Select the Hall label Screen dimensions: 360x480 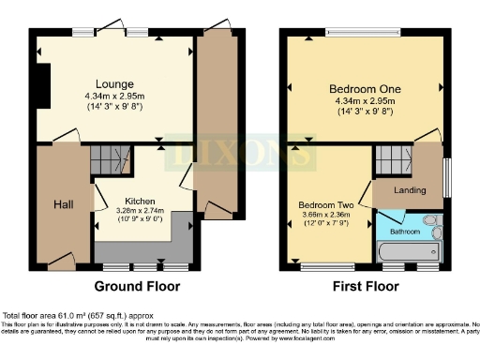[x=63, y=204]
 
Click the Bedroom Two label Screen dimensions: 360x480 [x=324, y=204]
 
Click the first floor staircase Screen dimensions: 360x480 [x=389, y=161]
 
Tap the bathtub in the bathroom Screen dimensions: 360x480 [x=408, y=252]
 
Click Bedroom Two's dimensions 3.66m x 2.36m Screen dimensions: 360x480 [x=325, y=215]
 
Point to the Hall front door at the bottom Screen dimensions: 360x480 [x=61, y=262]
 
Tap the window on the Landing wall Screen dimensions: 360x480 [x=445, y=172]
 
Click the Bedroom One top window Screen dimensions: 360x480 [x=363, y=31]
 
